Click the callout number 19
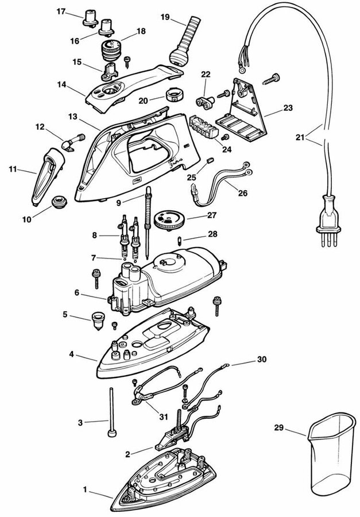coord(164,17)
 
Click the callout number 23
coord(288,107)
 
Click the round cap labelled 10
coord(59,202)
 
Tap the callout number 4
coord(71,354)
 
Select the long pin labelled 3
coord(109,414)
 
